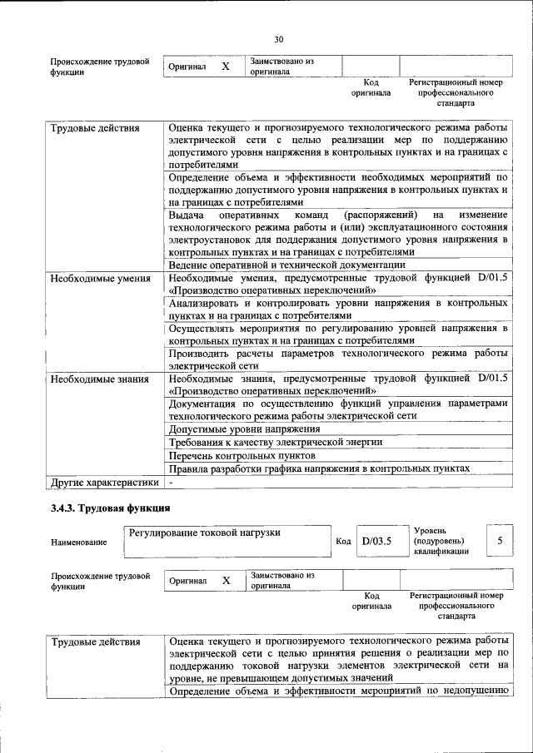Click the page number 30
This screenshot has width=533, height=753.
click(279, 38)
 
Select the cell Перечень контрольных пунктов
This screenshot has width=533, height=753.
click(242, 456)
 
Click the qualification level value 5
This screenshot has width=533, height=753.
click(500, 541)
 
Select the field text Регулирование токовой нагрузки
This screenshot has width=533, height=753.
click(203, 533)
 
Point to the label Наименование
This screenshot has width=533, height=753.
click(78, 542)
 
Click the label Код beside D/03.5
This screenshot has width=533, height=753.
click(343, 542)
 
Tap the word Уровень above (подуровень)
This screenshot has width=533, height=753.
click(430, 530)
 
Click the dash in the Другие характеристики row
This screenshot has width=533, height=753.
click(171, 482)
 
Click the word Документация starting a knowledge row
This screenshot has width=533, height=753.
click(202, 404)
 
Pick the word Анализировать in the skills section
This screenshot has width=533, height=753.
click(205, 305)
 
